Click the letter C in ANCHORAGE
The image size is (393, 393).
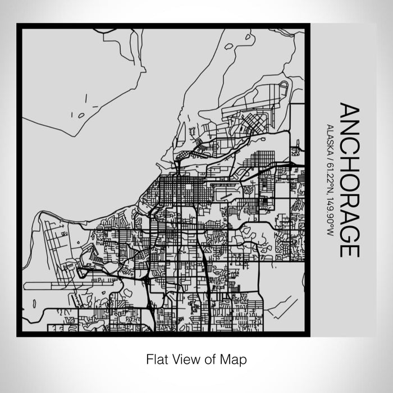(x=349, y=143)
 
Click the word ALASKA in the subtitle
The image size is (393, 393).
(x=330, y=138)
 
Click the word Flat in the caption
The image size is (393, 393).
(x=156, y=358)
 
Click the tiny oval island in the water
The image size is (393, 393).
(x=81, y=116)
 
